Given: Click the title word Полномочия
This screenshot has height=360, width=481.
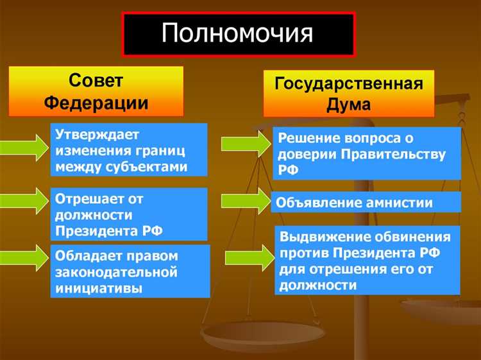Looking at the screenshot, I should (237, 33).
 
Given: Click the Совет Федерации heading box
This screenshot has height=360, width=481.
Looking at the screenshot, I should (96, 91).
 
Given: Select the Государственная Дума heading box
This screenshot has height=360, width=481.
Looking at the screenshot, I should (348, 94).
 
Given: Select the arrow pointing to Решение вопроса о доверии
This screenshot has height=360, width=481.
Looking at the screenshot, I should (243, 143).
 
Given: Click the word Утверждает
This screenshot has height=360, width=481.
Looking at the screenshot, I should (97, 135).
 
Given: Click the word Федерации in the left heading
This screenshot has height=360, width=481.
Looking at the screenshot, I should (96, 102).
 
